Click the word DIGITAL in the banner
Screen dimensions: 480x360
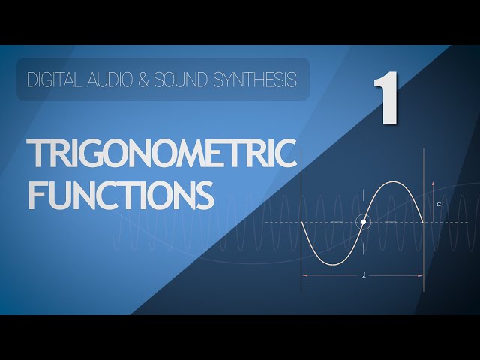(x=54, y=79)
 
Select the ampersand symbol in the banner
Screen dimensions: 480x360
(x=143, y=79)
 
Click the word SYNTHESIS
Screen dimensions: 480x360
(x=255, y=79)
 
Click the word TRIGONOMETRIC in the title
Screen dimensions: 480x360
(x=162, y=153)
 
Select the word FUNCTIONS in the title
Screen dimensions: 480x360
(x=121, y=195)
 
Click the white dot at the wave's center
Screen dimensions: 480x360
(x=363, y=222)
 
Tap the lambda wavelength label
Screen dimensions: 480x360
(x=364, y=275)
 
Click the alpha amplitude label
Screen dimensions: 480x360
(x=439, y=204)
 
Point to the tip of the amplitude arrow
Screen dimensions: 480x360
(x=433, y=181)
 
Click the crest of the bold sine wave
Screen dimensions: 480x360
(x=394, y=182)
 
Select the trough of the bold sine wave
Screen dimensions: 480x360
(x=333, y=264)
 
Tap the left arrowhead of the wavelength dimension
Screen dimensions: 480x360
(x=303, y=275)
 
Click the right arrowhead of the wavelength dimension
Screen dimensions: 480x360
(x=422, y=275)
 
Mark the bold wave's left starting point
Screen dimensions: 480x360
(x=301, y=222)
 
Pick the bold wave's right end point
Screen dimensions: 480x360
(x=423, y=223)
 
